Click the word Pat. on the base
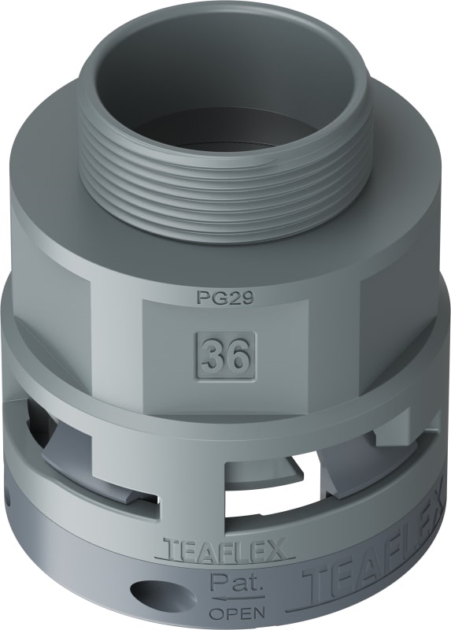click(x=228, y=583)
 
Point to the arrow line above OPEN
click(x=228, y=599)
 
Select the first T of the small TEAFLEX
click(x=168, y=547)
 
